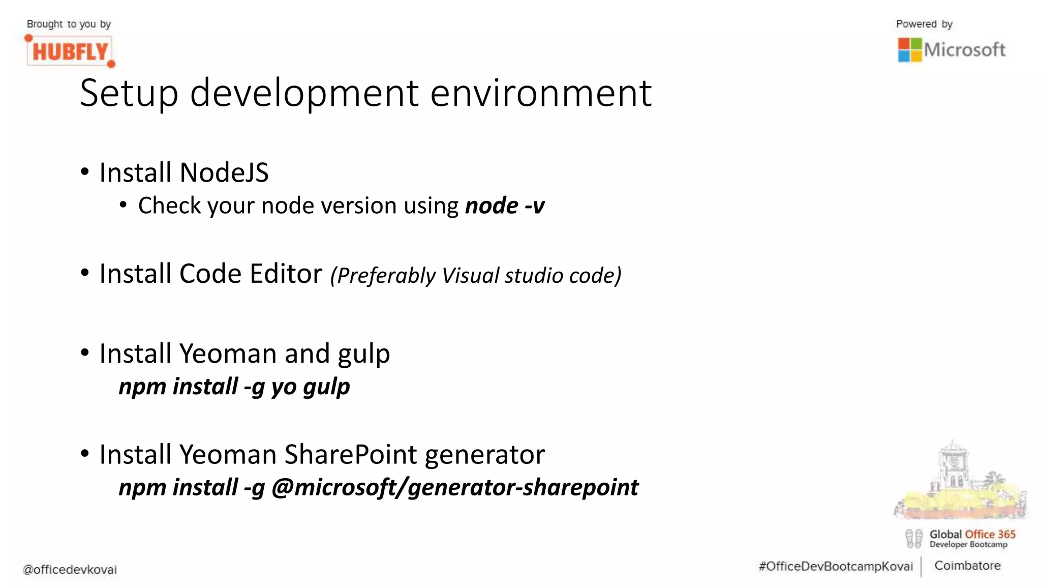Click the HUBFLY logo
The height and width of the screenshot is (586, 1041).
tap(70, 51)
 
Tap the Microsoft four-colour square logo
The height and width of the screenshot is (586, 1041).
tap(909, 50)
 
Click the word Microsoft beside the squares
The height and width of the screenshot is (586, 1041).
tap(964, 50)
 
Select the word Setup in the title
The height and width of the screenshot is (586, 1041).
tap(129, 94)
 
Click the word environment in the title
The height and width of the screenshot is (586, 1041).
tap(541, 94)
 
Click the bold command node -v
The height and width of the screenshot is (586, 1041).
tap(505, 206)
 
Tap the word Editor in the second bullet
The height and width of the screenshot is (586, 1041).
tap(286, 274)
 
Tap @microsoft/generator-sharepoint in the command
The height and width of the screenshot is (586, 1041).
tap(455, 487)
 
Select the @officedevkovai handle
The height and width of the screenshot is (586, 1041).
tap(70, 570)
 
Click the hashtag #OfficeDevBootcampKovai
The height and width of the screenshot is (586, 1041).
tap(836, 567)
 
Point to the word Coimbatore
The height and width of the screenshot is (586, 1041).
tap(967, 566)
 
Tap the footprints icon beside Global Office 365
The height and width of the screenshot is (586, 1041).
tap(913, 539)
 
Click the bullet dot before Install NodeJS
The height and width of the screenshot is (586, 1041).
tap(84, 172)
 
